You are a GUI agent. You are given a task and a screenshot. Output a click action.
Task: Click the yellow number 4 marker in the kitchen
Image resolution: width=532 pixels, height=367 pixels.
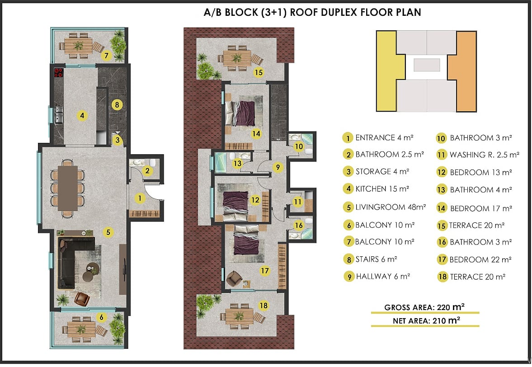pyautogui.click(x=82, y=116)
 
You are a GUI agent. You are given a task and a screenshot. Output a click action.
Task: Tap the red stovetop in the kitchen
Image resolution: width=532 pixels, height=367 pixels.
pyautogui.click(x=59, y=73)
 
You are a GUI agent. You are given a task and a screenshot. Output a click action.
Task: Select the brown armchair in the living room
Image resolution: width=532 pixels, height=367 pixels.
pyautogui.click(x=82, y=298)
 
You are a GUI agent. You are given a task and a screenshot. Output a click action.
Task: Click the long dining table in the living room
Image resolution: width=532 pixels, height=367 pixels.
pyautogui.click(x=68, y=188)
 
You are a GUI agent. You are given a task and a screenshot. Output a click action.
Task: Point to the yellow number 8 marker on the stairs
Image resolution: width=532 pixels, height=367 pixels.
pyautogui.click(x=117, y=104)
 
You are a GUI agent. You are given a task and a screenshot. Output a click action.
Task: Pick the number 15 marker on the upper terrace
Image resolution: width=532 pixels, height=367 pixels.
pyautogui.click(x=259, y=72)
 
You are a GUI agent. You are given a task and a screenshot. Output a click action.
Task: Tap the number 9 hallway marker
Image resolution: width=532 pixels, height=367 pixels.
pyautogui.click(x=278, y=167)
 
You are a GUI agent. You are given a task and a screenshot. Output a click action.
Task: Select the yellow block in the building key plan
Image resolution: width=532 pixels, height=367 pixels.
pyautogui.click(x=391, y=71)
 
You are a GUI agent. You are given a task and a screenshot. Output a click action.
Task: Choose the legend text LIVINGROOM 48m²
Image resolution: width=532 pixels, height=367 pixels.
pyautogui.click(x=390, y=207)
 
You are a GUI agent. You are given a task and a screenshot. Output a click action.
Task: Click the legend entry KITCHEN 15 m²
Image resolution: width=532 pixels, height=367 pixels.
pyautogui.click(x=382, y=189)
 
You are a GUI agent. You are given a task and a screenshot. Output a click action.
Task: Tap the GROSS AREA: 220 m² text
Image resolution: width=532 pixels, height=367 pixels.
pyautogui.click(x=424, y=307)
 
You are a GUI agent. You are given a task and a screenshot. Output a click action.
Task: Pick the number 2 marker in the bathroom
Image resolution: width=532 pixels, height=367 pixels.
pyautogui.click(x=147, y=170)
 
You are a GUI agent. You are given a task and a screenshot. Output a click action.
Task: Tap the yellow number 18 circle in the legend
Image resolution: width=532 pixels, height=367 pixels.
pyautogui.click(x=443, y=277)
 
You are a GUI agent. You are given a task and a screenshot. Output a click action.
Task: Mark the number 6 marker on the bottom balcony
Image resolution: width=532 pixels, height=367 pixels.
pyautogui.click(x=101, y=318)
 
